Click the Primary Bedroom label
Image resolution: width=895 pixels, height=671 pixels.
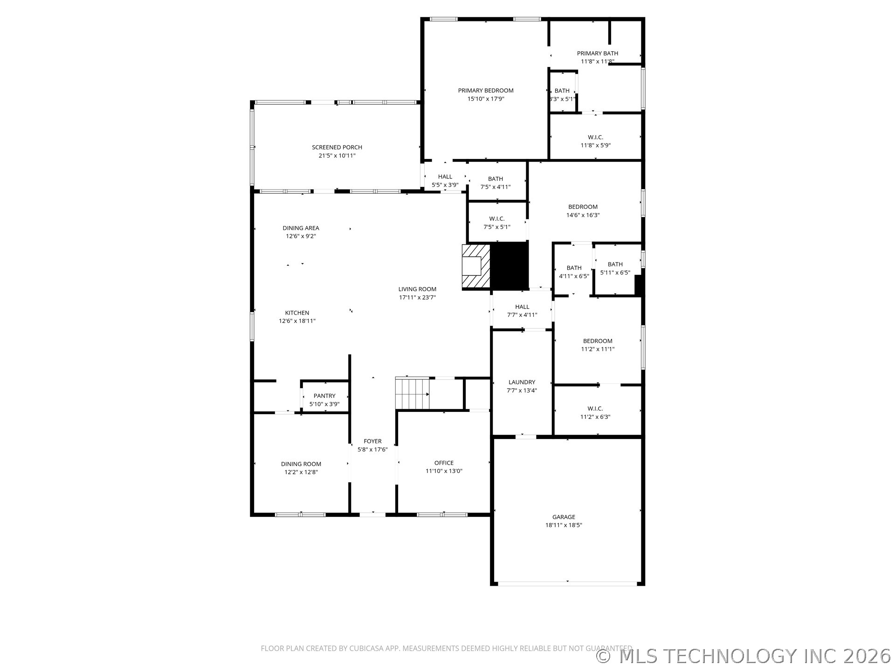[485, 90]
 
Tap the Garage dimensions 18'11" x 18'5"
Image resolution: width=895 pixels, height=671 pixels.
[564, 525]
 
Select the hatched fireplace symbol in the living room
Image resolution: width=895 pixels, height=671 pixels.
[476, 266]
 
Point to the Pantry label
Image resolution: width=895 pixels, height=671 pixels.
[324, 396]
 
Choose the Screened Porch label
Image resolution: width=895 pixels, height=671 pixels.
[337, 147]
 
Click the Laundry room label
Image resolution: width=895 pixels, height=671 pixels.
[522, 382]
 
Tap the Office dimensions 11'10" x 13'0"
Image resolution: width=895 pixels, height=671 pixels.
[443, 471]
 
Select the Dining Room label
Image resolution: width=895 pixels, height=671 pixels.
[301, 464]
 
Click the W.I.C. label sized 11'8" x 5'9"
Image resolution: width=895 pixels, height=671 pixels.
[595, 137]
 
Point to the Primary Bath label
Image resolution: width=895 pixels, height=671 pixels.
[597, 53]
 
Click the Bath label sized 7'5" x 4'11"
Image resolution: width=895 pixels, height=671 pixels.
[495, 179]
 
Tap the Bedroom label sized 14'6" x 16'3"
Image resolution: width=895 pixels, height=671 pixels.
[583, 207]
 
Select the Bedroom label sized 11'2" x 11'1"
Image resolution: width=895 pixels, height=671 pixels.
[597, 341]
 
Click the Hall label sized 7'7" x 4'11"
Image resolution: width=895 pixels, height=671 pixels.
[522, 307]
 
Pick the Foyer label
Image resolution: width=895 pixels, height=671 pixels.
[372, 441]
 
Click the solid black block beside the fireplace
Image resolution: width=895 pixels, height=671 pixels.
[509, 266]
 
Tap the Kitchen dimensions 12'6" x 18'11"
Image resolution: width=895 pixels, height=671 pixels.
[297, 321]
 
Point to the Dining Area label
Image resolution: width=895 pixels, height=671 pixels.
[301, 228]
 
